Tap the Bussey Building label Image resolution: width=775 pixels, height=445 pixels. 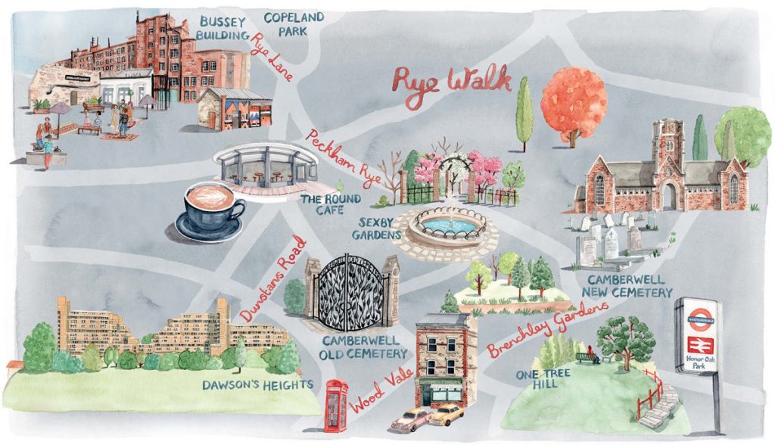point(223,27)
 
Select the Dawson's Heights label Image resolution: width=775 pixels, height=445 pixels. point(257,384)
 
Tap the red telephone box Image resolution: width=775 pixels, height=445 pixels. point(336,406)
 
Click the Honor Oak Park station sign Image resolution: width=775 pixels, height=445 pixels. point(698,337)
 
